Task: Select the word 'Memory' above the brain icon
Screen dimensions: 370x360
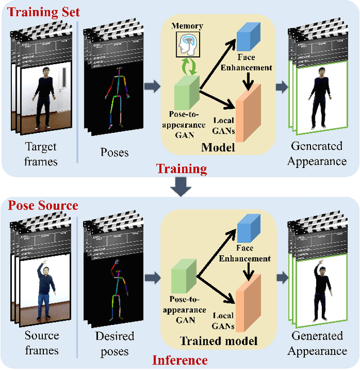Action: [187, 26]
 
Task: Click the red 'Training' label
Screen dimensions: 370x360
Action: [181, 168]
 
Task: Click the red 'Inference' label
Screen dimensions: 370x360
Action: [181, 360]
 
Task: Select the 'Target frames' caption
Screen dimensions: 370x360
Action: [42, 153]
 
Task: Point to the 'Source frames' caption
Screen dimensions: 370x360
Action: [42, 343]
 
